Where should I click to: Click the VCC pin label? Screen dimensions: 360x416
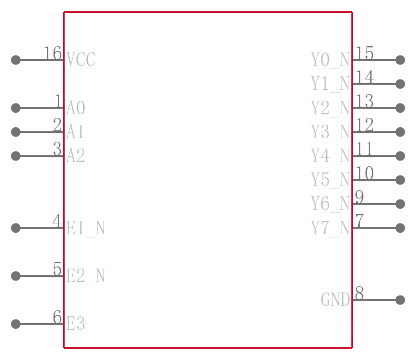coord(81,60)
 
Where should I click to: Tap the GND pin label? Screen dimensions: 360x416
coord(335,300)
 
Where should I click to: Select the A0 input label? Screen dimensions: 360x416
coord(75,108)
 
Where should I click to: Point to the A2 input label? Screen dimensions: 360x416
coord(75,156)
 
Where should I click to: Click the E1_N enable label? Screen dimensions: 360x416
coord(85,228)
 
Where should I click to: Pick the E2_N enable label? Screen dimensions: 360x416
coord(85,276)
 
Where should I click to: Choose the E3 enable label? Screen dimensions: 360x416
coord(75,324)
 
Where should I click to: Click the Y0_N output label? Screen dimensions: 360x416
coord(330,60)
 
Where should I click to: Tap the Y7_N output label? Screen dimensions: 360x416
coord(330,228)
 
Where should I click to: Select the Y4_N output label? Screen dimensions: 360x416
coord(330,156)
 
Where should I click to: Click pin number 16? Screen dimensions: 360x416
coord(53,53)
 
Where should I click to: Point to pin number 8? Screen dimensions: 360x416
coord(359,294)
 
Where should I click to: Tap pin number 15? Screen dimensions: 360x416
coord(364,53)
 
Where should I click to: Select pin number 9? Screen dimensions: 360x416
coord(359,197)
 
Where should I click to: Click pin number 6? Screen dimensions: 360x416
coord(57,317)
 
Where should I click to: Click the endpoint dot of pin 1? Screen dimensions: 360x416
coord(16,108)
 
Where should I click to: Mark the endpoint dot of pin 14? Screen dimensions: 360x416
coord(400,84)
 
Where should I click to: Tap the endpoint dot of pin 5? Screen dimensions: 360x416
coord(16,276)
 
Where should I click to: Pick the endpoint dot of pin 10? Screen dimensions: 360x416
coord(400,180)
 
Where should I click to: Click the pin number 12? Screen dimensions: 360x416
coord(364,125)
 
